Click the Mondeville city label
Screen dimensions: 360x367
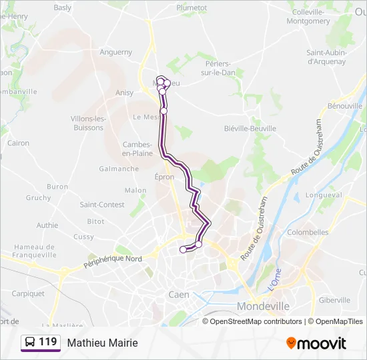point(264,306)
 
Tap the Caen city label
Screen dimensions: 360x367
point(178,294)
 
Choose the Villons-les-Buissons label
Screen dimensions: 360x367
point(88,123)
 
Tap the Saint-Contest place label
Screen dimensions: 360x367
point(102,205)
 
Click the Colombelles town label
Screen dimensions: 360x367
point(308,232)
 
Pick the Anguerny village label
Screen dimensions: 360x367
point(116,52)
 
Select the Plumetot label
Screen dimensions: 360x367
point(192,7)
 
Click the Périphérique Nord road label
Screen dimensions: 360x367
point(113,261)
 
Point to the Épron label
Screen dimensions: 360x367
point(164,177)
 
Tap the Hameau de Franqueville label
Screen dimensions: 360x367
point(35,251)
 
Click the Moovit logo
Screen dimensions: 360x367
point(316,343)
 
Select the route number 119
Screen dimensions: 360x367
point(48,342)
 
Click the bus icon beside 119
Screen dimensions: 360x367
point(30,343)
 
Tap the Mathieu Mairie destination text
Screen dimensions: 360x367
point(102,343)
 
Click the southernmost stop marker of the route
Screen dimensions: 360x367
point(183,250)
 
